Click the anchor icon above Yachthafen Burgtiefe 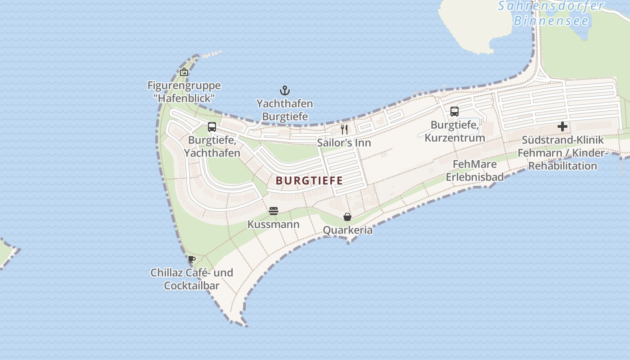tap(285, 90)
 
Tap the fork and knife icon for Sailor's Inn tap(344, 130)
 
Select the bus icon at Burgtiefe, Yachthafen tap(212, 127)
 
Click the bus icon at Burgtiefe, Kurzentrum tap(454, 111)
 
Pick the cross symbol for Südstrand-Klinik tap(562, 126)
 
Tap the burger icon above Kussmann tap(274, 211)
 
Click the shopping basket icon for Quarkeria tap(347, 217)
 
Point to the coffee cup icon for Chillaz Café tap(191, 259)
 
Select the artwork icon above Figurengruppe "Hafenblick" tap(184, 72)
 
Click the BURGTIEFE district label tap(309, 181)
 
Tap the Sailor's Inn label tap(344, 143)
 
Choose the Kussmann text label tap(273, 224)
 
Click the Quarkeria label tap(348, 230)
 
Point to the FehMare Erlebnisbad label tap(475, 171)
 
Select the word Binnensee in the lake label tap(551, 21)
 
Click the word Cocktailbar tap(192, 286)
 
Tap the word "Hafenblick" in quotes tap(184, 98)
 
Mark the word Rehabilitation tap(562, 166)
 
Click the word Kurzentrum tap(454, 138)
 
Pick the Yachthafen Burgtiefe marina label tap(285, 110)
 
